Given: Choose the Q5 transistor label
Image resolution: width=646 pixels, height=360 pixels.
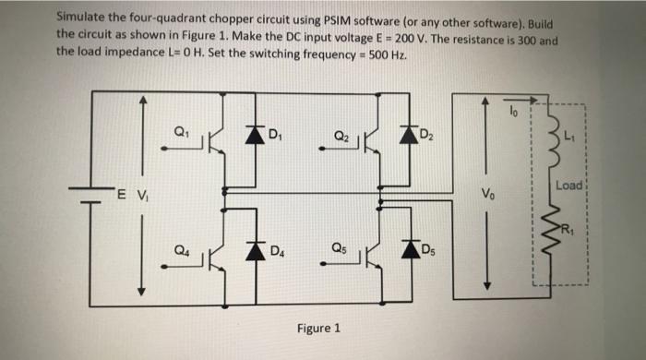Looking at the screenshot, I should [x=340, y=248].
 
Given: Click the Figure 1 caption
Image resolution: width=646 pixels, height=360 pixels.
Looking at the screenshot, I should [x=318, y=328].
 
